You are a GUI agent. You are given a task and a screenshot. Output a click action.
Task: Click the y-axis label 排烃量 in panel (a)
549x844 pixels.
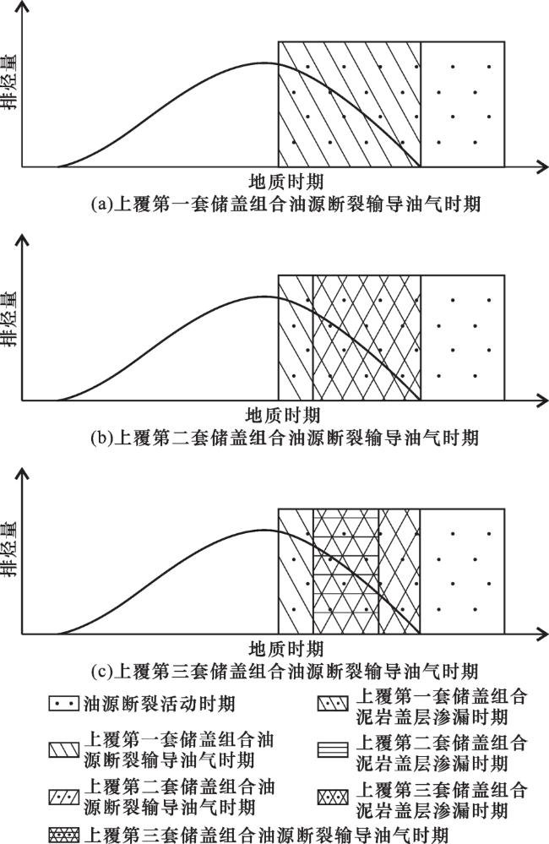10,81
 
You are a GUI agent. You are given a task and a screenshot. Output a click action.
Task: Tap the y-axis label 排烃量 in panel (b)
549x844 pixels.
10,317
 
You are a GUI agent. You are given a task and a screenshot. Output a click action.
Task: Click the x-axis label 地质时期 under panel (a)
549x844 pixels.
285,181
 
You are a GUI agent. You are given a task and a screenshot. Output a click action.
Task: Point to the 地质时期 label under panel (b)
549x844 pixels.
283,415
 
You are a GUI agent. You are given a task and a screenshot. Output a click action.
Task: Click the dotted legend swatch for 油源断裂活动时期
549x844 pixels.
64,704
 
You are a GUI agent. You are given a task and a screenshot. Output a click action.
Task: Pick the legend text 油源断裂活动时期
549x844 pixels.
160,704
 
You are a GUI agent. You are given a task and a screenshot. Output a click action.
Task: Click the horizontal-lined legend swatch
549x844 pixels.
333,750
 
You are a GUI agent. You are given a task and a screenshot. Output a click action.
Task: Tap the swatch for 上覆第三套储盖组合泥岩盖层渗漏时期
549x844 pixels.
333,797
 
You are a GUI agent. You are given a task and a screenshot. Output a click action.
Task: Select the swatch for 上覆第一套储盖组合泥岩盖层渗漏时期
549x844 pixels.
333,703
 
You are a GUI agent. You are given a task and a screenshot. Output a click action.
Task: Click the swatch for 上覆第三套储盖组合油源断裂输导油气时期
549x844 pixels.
64,835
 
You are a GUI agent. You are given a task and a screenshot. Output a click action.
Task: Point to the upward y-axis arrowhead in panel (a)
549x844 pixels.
21,9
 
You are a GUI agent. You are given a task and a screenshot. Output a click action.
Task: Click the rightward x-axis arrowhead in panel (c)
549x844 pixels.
541,634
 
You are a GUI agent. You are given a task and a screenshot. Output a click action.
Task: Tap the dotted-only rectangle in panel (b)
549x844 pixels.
462,337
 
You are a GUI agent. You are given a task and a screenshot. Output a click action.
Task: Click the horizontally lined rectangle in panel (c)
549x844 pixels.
345,571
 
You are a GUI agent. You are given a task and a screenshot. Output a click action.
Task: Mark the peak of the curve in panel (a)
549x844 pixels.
264,63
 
